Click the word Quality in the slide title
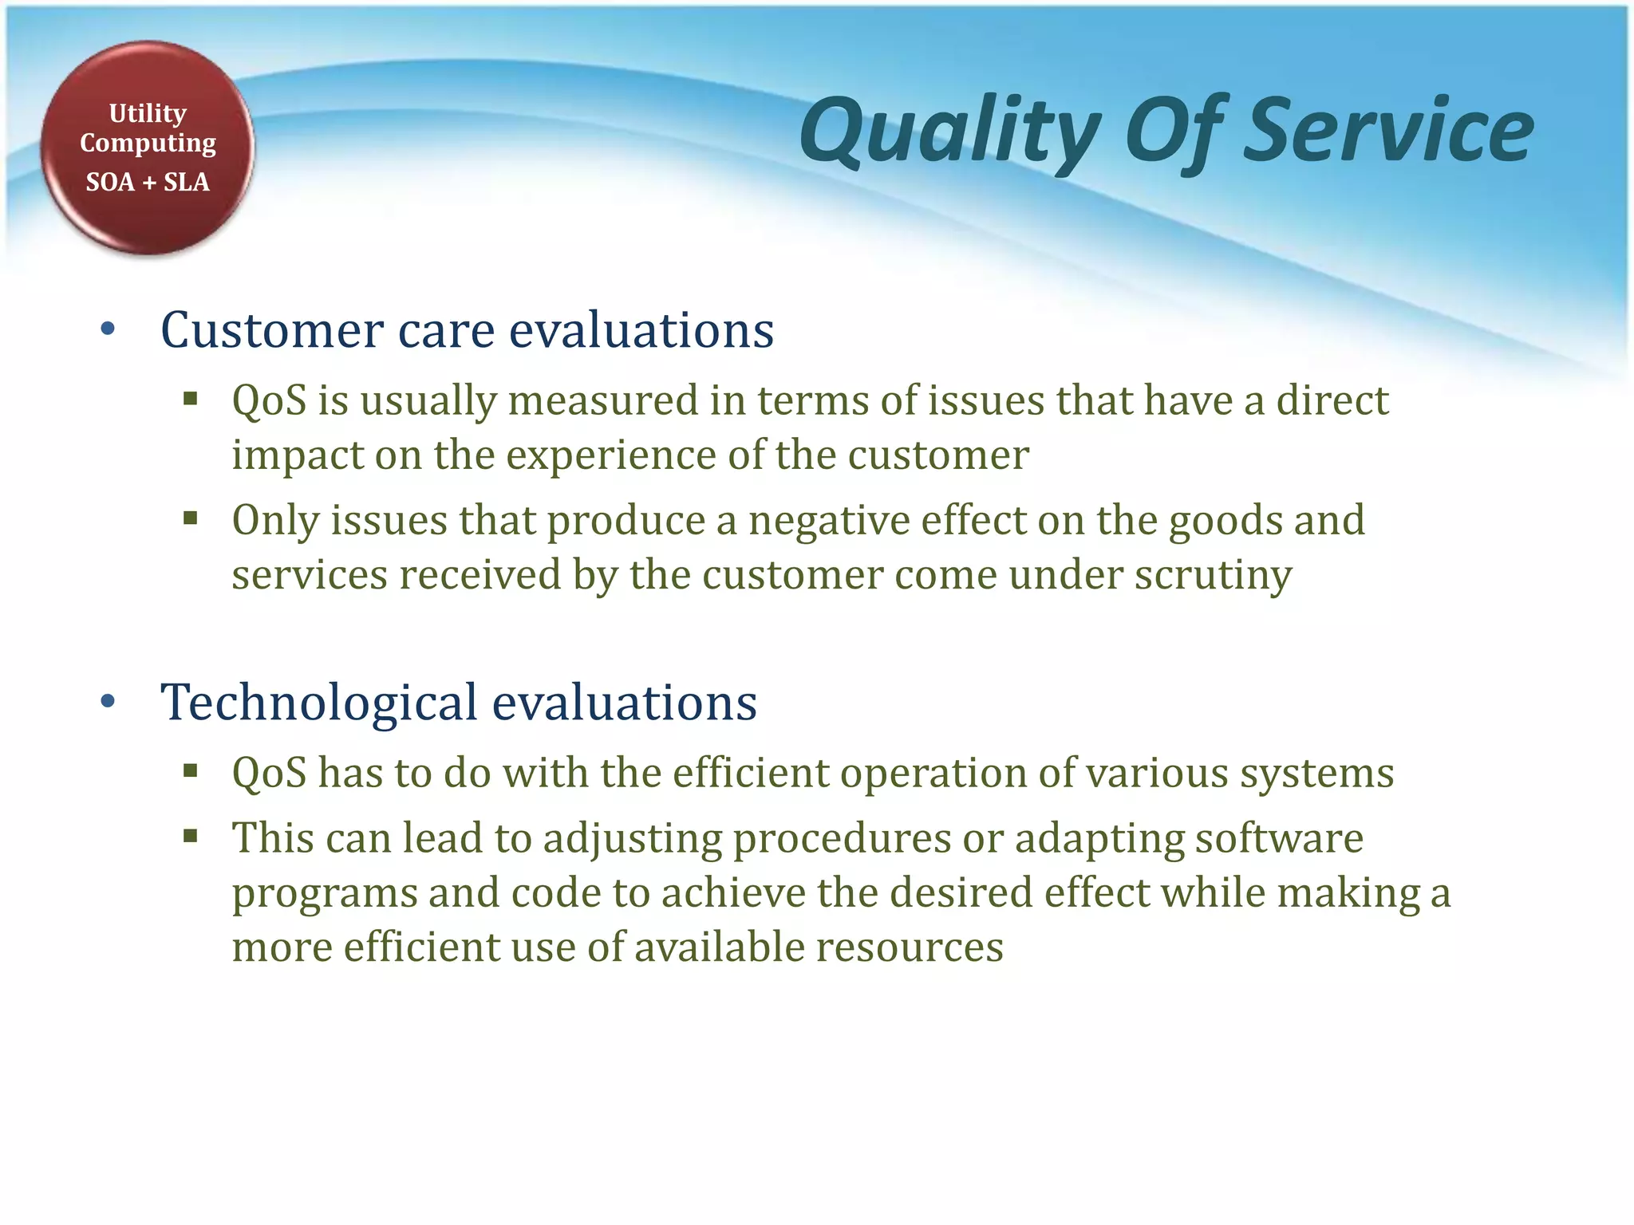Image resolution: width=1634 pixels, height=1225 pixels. tap(949, 132)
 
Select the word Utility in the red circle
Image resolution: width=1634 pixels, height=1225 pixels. tap(148, 113)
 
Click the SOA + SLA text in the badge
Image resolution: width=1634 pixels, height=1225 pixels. tap(148, 182)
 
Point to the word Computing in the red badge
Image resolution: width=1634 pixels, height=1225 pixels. tap(148, 144)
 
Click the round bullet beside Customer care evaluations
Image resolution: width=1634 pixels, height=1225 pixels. tap(109, 329)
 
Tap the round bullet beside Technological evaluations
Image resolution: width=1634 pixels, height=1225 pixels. tap(109, 702)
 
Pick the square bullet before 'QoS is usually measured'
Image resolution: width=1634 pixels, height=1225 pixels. tap(190, 398)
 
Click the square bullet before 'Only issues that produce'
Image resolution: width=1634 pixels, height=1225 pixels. tap(190, 519)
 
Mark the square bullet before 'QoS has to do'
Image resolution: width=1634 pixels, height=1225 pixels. tap(190, 770)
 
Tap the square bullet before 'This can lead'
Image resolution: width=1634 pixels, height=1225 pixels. tap(190, 836)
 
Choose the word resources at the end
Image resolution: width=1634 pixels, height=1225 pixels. tap(910, 947)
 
